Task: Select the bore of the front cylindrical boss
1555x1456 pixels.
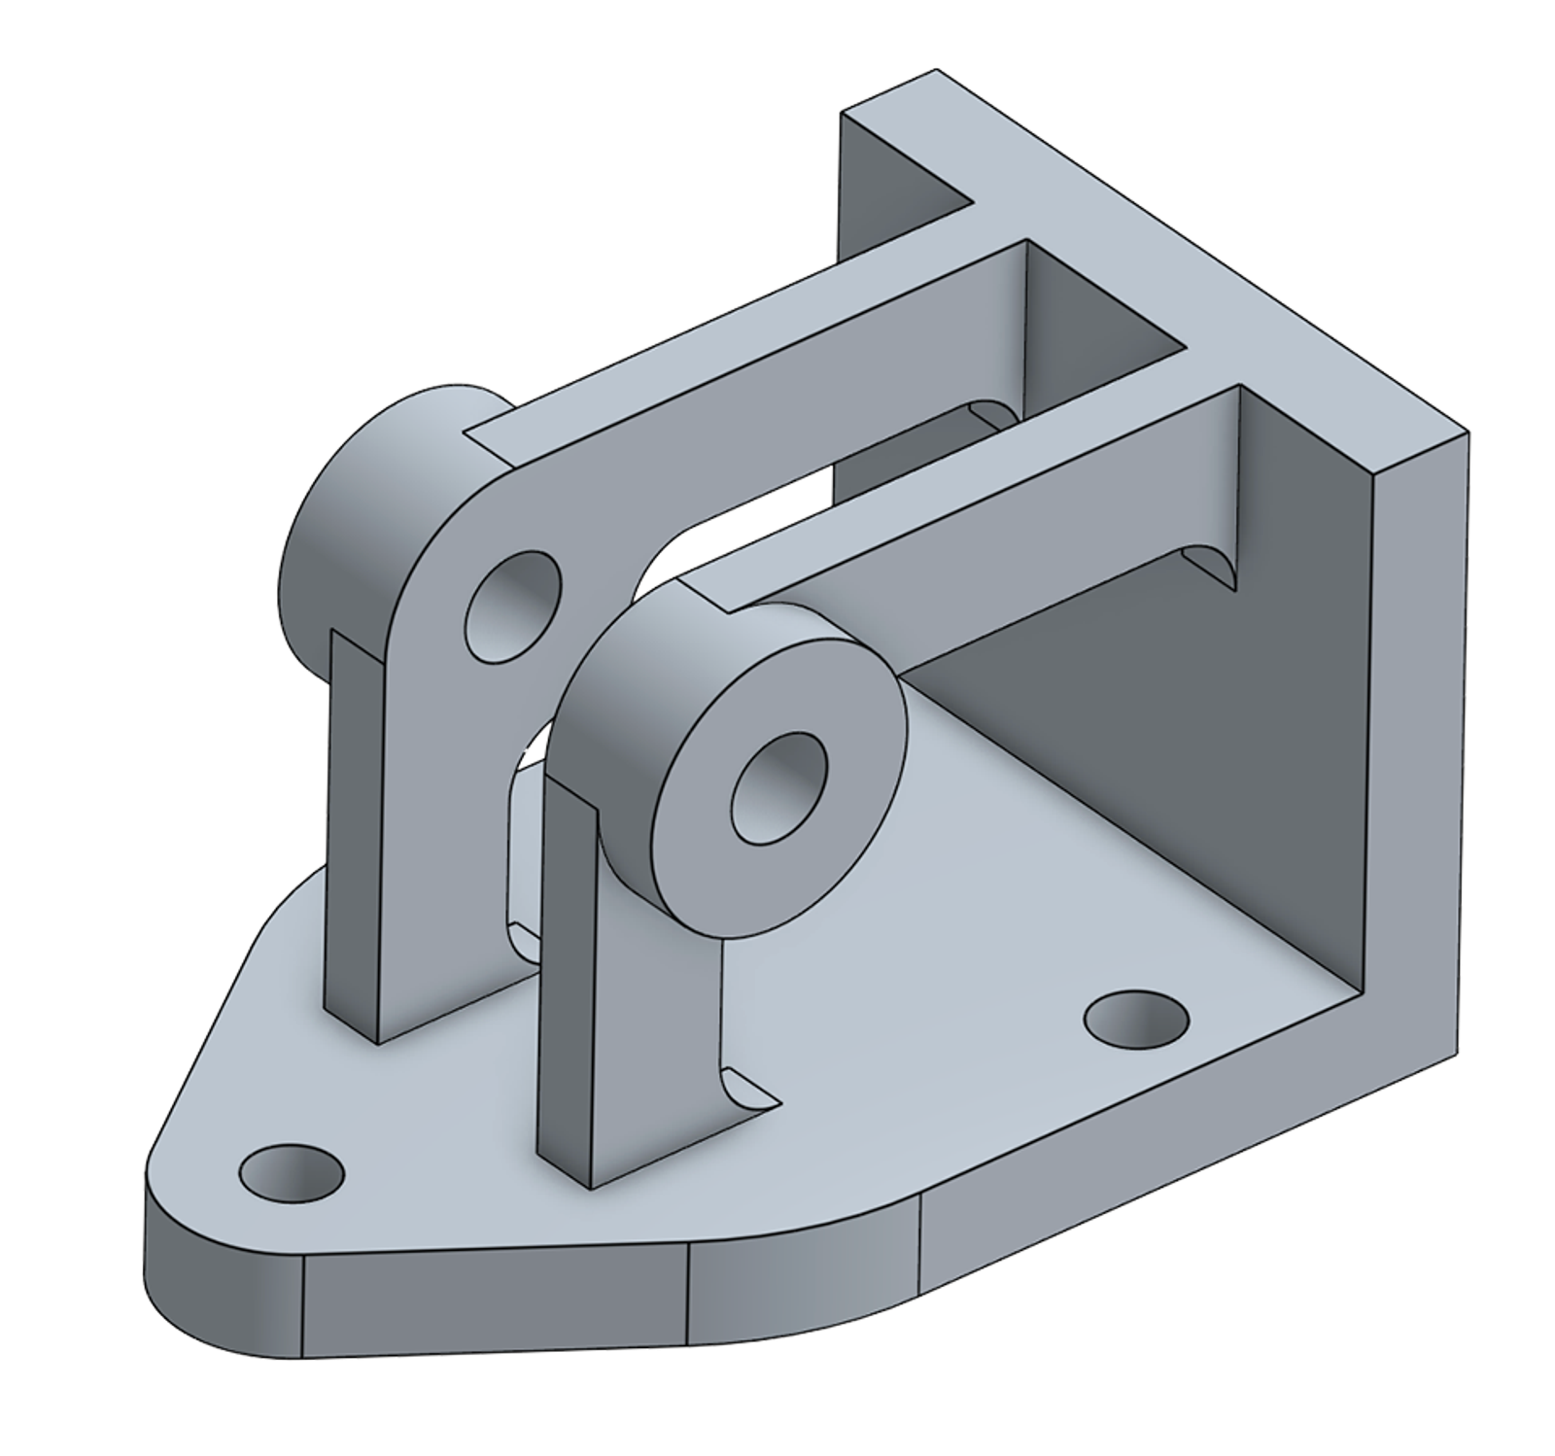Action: pos(777,788)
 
